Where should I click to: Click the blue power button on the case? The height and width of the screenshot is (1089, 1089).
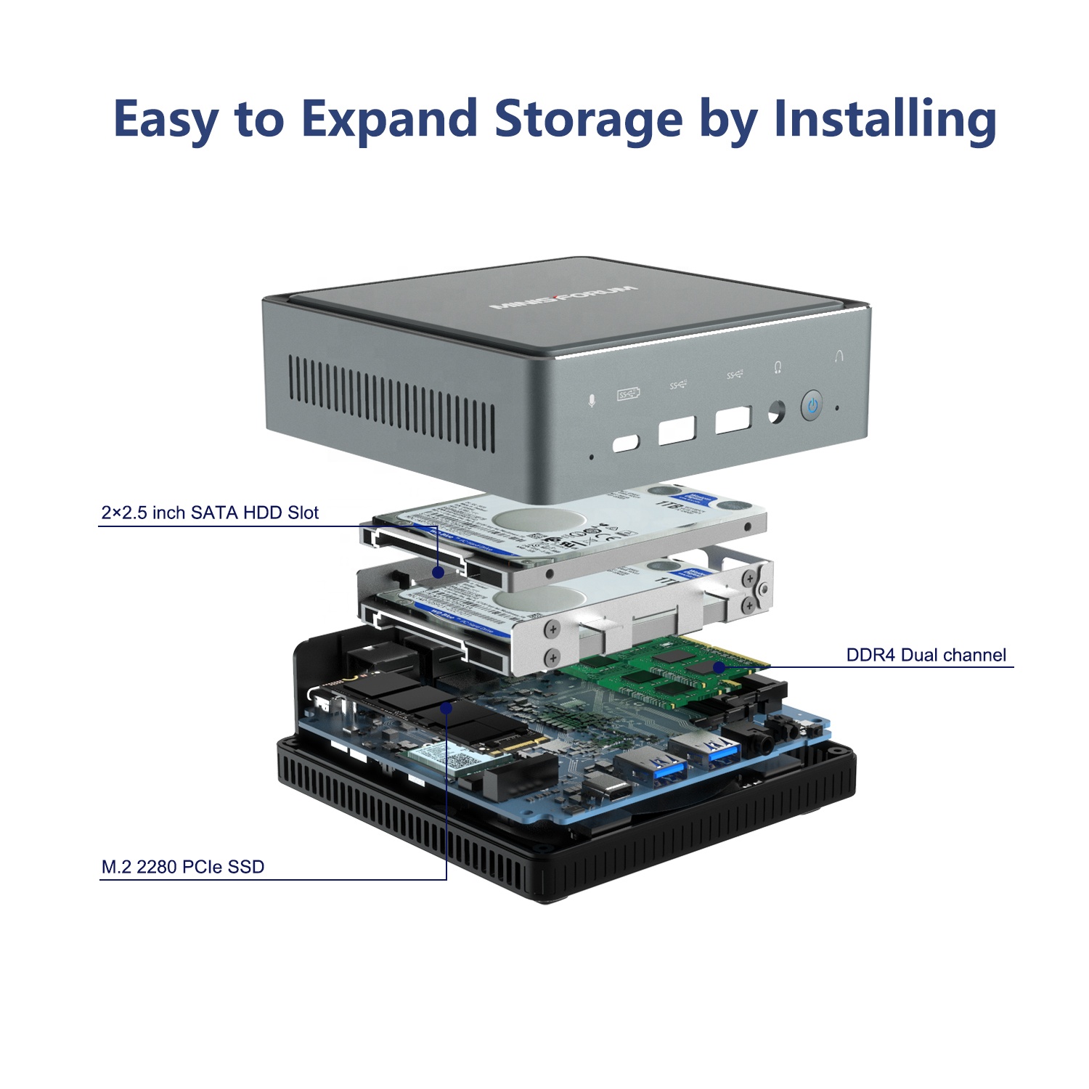812,406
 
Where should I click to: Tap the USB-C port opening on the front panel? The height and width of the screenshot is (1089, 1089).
626,442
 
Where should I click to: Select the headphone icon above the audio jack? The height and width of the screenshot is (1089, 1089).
778,368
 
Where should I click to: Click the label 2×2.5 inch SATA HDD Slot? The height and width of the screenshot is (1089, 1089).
210,513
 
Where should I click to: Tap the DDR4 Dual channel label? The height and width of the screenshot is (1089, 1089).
926,655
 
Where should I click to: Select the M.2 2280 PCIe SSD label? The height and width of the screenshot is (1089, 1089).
183,866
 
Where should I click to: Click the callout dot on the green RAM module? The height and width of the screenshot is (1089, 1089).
718,666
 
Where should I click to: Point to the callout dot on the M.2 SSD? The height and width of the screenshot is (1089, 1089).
447,707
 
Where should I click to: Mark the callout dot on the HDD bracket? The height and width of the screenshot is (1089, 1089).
438,572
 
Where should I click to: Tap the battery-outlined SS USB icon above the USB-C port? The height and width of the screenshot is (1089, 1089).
628,394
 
